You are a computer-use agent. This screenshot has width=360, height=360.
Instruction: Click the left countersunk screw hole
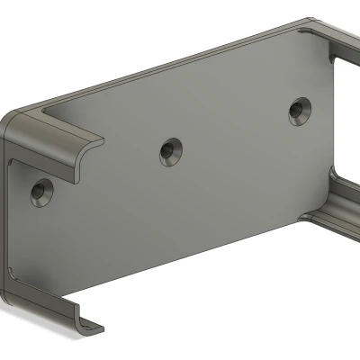pyautogui.click(x=41, y=192)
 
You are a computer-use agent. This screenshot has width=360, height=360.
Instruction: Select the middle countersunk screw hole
pyautogui.click(x=169, y=151)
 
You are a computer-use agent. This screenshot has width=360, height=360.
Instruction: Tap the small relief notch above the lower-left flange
pyautogui.click(x=13, y=269)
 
